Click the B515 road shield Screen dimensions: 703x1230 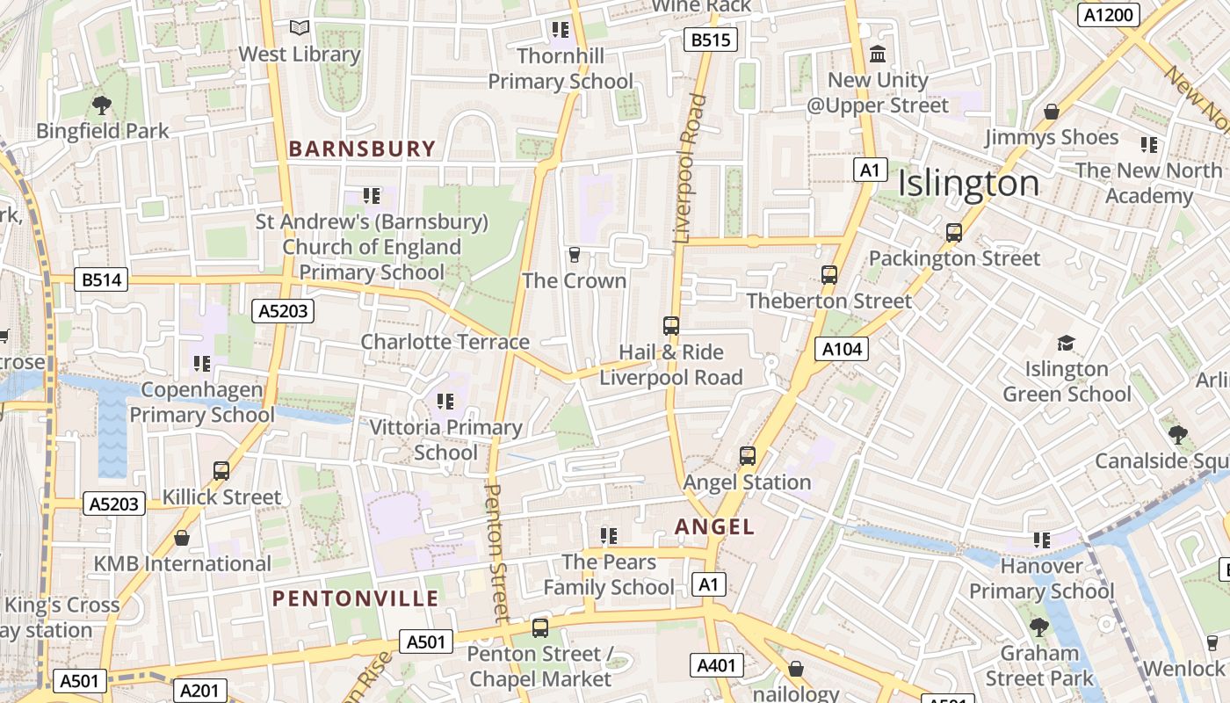[710, 40]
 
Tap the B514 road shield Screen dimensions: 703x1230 [101, 280]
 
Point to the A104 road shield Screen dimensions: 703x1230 [842, 349]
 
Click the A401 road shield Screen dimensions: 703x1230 [716, 665]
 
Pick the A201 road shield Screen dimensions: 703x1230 [199, 691]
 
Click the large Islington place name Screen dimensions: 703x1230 [968, 184]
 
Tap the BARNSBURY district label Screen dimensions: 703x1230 [362, 149]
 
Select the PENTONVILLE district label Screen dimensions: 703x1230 [355, 599]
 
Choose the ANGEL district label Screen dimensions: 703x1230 [714, 526]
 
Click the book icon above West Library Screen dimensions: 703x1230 [300, 28]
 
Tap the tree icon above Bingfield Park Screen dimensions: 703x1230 [102, 105]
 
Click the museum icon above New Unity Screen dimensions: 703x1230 [877, 54]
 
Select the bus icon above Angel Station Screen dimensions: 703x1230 [747, 456]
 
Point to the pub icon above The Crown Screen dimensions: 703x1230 [575, 255]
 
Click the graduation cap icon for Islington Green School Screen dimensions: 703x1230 [1066, 343]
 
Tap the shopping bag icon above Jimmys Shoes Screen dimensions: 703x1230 [1051, 112]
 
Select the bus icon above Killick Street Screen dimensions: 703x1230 [221, 471]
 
